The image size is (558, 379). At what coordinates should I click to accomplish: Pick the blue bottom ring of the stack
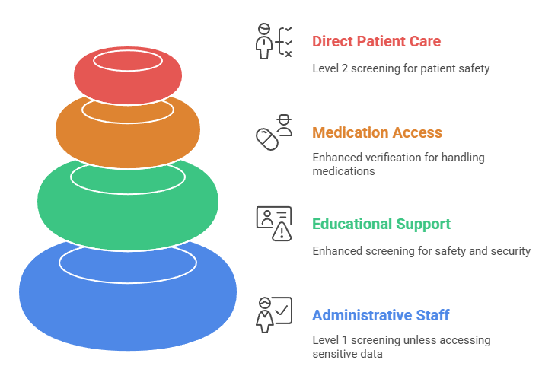pos(128,304)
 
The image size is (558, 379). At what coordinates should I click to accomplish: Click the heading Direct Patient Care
pos(376,41)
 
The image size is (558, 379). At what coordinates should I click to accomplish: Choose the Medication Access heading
pos(377,132)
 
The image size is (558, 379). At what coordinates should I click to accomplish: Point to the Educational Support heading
pos(381,224)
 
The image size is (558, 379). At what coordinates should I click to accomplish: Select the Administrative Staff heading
pos(381,315)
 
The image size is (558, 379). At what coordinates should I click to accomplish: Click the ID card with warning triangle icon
pos(273,224)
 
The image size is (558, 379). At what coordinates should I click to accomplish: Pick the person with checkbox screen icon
pos(273,314)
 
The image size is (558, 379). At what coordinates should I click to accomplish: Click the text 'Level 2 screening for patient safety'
pos(400,68)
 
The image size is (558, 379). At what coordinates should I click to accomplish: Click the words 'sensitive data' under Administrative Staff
pos(347,355)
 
